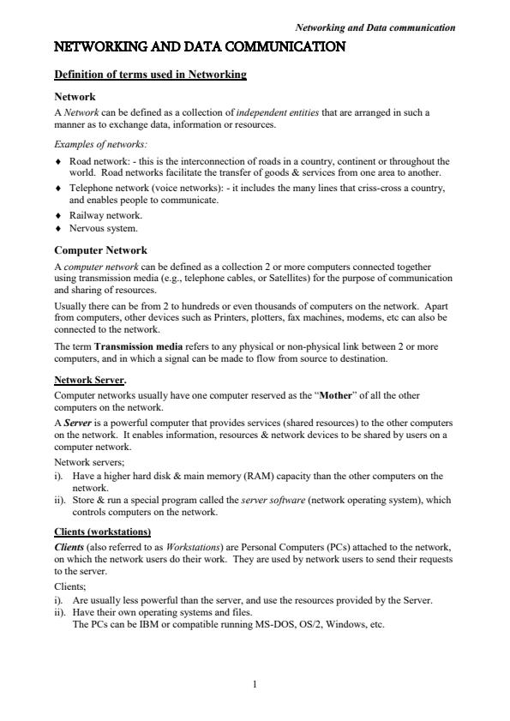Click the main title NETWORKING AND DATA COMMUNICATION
[200, 47]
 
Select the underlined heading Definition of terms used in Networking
[150, 75]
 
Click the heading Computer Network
[100, 250]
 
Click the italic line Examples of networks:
[91, 143]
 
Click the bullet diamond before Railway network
[57, 216]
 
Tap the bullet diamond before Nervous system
[57, 229]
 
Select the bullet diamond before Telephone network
[57, 187]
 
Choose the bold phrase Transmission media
[144, 346]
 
